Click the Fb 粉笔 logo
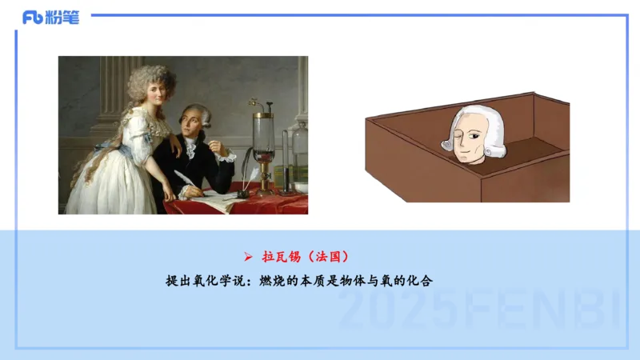(50, 18)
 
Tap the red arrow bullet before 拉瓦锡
(248, 257)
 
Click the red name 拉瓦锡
(282, 257)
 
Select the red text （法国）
(329, 257)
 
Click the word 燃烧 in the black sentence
(272, 281)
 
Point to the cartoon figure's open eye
(474, 135)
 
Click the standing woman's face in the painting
(155, 94)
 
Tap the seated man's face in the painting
(192, 124)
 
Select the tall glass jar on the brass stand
(263, 138)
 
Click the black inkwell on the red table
(243, 194)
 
